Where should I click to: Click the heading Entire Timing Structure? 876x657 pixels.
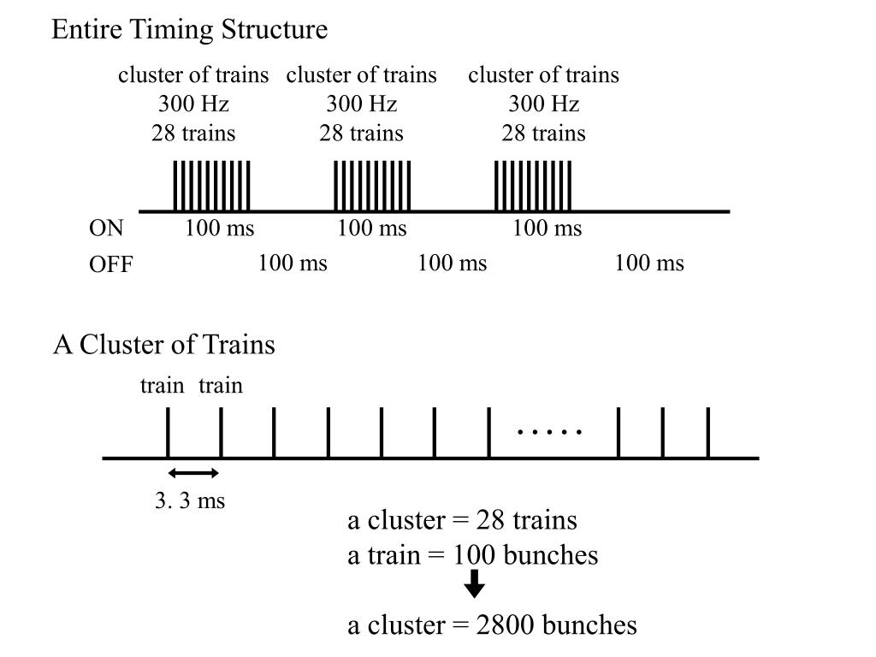click(x=189, y=30)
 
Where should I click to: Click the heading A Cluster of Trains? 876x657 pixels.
click(x=164, y=345)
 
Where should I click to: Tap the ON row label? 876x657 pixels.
click(x=107, y=228)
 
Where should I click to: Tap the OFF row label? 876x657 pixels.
click(x=111, y=264)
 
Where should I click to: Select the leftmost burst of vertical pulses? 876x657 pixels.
click(x=211, y=186)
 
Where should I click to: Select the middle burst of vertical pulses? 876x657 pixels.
click(x=372, y=186)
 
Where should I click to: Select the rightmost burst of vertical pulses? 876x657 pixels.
click(x=533, y=186)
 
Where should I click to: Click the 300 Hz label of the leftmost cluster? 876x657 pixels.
click(x=193, y=104)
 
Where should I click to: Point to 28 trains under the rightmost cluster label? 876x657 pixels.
click(x=543, y=133)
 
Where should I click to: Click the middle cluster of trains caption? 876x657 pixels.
click(x=361, y=75)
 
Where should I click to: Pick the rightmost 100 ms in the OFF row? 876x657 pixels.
click(x=648, y=263)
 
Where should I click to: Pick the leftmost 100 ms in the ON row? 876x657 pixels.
click(x=219, y=228)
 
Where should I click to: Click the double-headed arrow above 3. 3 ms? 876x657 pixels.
click(x=194, y=473)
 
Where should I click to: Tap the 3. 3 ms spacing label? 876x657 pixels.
click(x=190, y=500)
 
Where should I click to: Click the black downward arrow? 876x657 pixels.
click(x=474, y=584)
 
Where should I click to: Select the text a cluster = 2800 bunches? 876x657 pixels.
click(x=492, y=625)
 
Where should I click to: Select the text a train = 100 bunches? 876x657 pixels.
click(x=472, y=555)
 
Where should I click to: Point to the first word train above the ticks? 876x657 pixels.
click(x=162, y=386)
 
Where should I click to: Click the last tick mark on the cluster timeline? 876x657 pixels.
click(x=708, y=433)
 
